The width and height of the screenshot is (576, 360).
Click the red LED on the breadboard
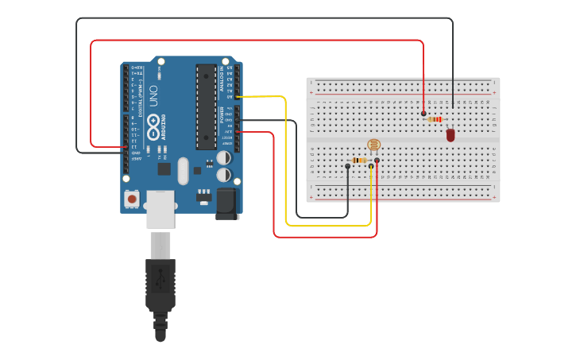coord(450,135)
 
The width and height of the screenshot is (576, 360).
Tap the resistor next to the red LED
coord(435,120)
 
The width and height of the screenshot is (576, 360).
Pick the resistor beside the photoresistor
coord(359,160)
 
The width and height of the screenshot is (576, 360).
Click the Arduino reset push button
coord(131,197)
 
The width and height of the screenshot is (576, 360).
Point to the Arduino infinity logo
coord(153,128)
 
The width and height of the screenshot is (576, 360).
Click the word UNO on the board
coord(153,97)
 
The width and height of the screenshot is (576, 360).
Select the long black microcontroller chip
coord(207,106)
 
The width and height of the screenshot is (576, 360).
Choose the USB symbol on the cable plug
coord(160,280)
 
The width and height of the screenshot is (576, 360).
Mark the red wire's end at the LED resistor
coord(423,114)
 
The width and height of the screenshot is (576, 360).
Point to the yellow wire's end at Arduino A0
coord(238,96)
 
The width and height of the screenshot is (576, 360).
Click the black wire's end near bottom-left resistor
coord(347,166)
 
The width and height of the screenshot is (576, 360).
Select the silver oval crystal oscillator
coord(184,171)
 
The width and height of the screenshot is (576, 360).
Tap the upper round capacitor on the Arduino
coord(225,157)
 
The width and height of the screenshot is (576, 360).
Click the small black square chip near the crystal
coord(164,168)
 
